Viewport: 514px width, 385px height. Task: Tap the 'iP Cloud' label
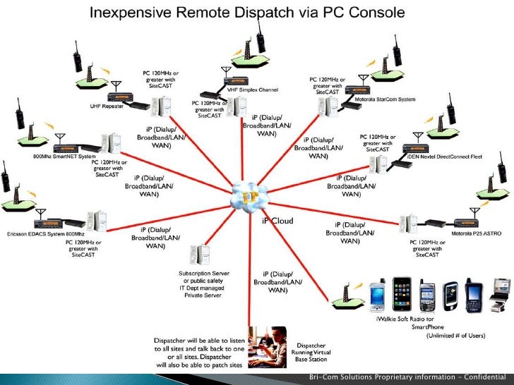point(277,221)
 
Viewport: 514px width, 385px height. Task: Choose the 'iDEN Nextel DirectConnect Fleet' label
point(446,157)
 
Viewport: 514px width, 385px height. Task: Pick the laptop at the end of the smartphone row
point(500,289)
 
